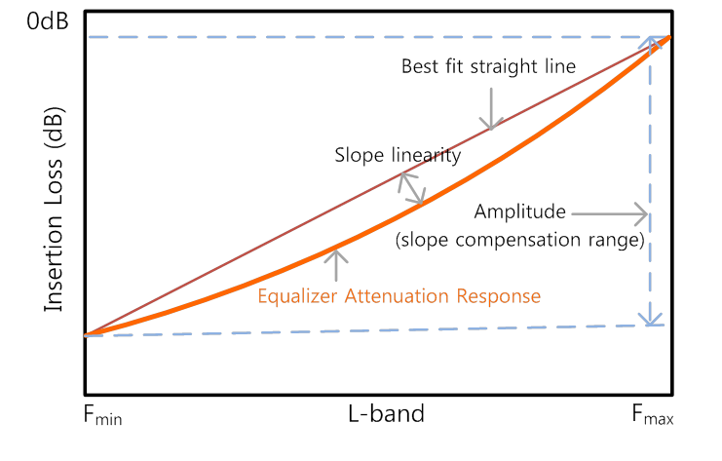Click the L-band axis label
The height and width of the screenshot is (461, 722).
(386, 413)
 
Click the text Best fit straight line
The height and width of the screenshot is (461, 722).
(488, 67)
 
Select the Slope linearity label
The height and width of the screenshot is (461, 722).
(398, 155)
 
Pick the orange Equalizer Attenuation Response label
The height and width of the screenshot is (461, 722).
(399, 294)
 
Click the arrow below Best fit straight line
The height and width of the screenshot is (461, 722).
(492, 107)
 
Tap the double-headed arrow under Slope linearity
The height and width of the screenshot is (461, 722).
(411, 188)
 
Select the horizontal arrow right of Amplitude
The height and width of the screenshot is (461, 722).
(610, 211)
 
